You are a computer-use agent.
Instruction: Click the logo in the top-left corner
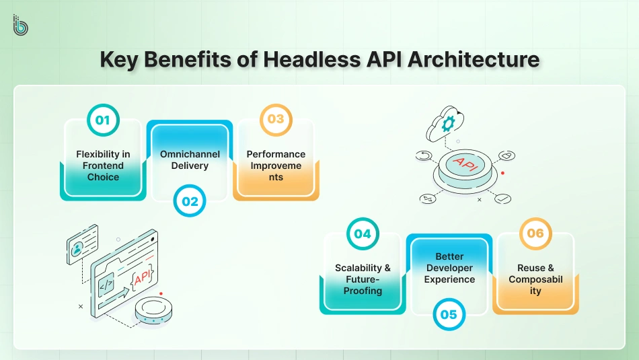pos(20,24)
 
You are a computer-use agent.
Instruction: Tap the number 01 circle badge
pos(103,120)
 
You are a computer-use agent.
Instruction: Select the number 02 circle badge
pos(190,201)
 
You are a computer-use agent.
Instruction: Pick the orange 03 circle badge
pos(276,119)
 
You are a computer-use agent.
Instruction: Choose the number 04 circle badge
pos(363,233)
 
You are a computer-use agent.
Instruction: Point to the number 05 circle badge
pos(449,314)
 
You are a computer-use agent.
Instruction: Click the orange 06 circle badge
pos(535,233)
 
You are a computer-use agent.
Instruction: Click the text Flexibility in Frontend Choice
pos(103,166)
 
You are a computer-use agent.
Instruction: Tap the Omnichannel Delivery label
pos(190,160)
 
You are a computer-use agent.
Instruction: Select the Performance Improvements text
pos(276,166)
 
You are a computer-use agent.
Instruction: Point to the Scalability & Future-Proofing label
pos(363,279)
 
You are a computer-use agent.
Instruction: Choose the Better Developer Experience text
pos(449,268)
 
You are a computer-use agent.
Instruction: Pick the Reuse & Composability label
pos(535,279)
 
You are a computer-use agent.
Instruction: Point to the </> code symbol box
pos(107,285)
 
